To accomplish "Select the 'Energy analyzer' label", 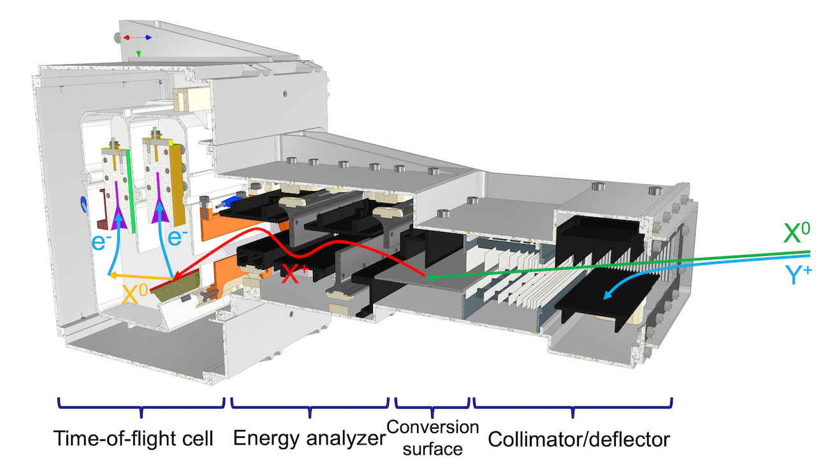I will pos(309,439).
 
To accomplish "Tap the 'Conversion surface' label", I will pos(433,438).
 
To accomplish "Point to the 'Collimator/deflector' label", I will pos(578,439).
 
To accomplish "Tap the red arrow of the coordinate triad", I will pos(127,38).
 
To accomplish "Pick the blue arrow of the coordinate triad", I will pos(149,38).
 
